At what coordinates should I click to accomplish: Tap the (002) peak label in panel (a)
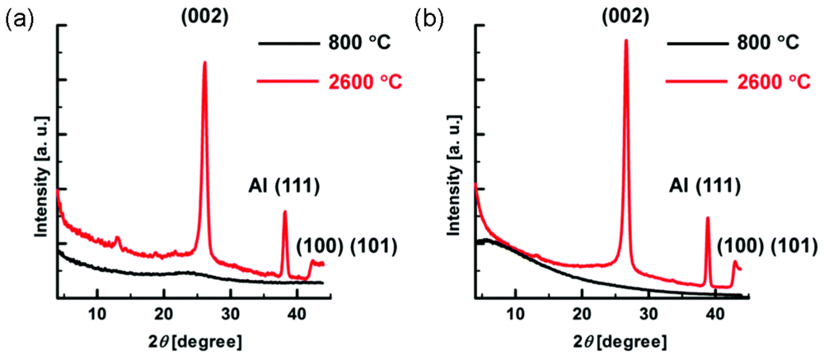[x=204, y=16]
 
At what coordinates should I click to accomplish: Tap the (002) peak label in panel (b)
[x=624, y=16]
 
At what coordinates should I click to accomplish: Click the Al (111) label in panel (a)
[x=279, y=186]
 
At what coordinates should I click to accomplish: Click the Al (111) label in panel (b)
[x=702, y=186]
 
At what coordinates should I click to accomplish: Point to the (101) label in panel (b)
[x=792, y=245]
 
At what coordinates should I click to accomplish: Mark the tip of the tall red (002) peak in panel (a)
[x=204, y=62]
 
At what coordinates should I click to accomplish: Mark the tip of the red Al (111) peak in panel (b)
[x=707, y=217]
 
